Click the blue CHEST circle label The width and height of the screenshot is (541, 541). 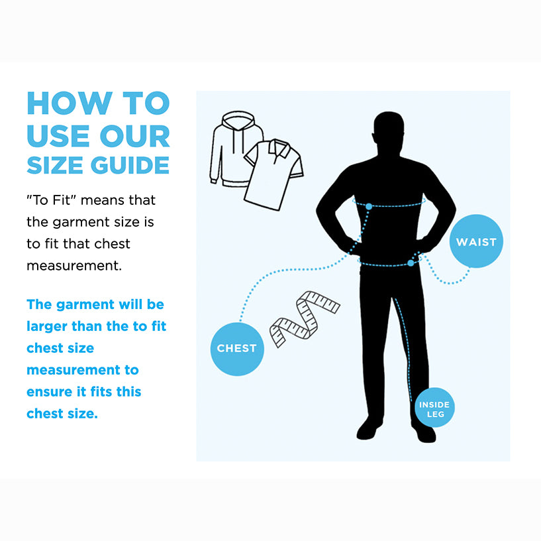tap(237, 349)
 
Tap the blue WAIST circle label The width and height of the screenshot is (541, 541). tap(476, 241)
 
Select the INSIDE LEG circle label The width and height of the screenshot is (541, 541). tap(434, 408)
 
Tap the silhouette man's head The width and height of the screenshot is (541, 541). tap(389, 131)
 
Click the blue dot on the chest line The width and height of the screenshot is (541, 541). tap(369, 207)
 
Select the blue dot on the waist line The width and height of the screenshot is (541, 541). tap(411, 263)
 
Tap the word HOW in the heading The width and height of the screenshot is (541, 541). tap(70, 103)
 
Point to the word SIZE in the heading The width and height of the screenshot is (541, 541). tap(55, 165)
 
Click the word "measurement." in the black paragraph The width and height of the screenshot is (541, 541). tap(74, 266)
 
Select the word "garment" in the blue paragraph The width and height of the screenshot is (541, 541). tap(85, 305)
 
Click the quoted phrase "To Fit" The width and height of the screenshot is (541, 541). tap(51, 200)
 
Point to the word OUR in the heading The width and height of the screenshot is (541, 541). tap(135, 136)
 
